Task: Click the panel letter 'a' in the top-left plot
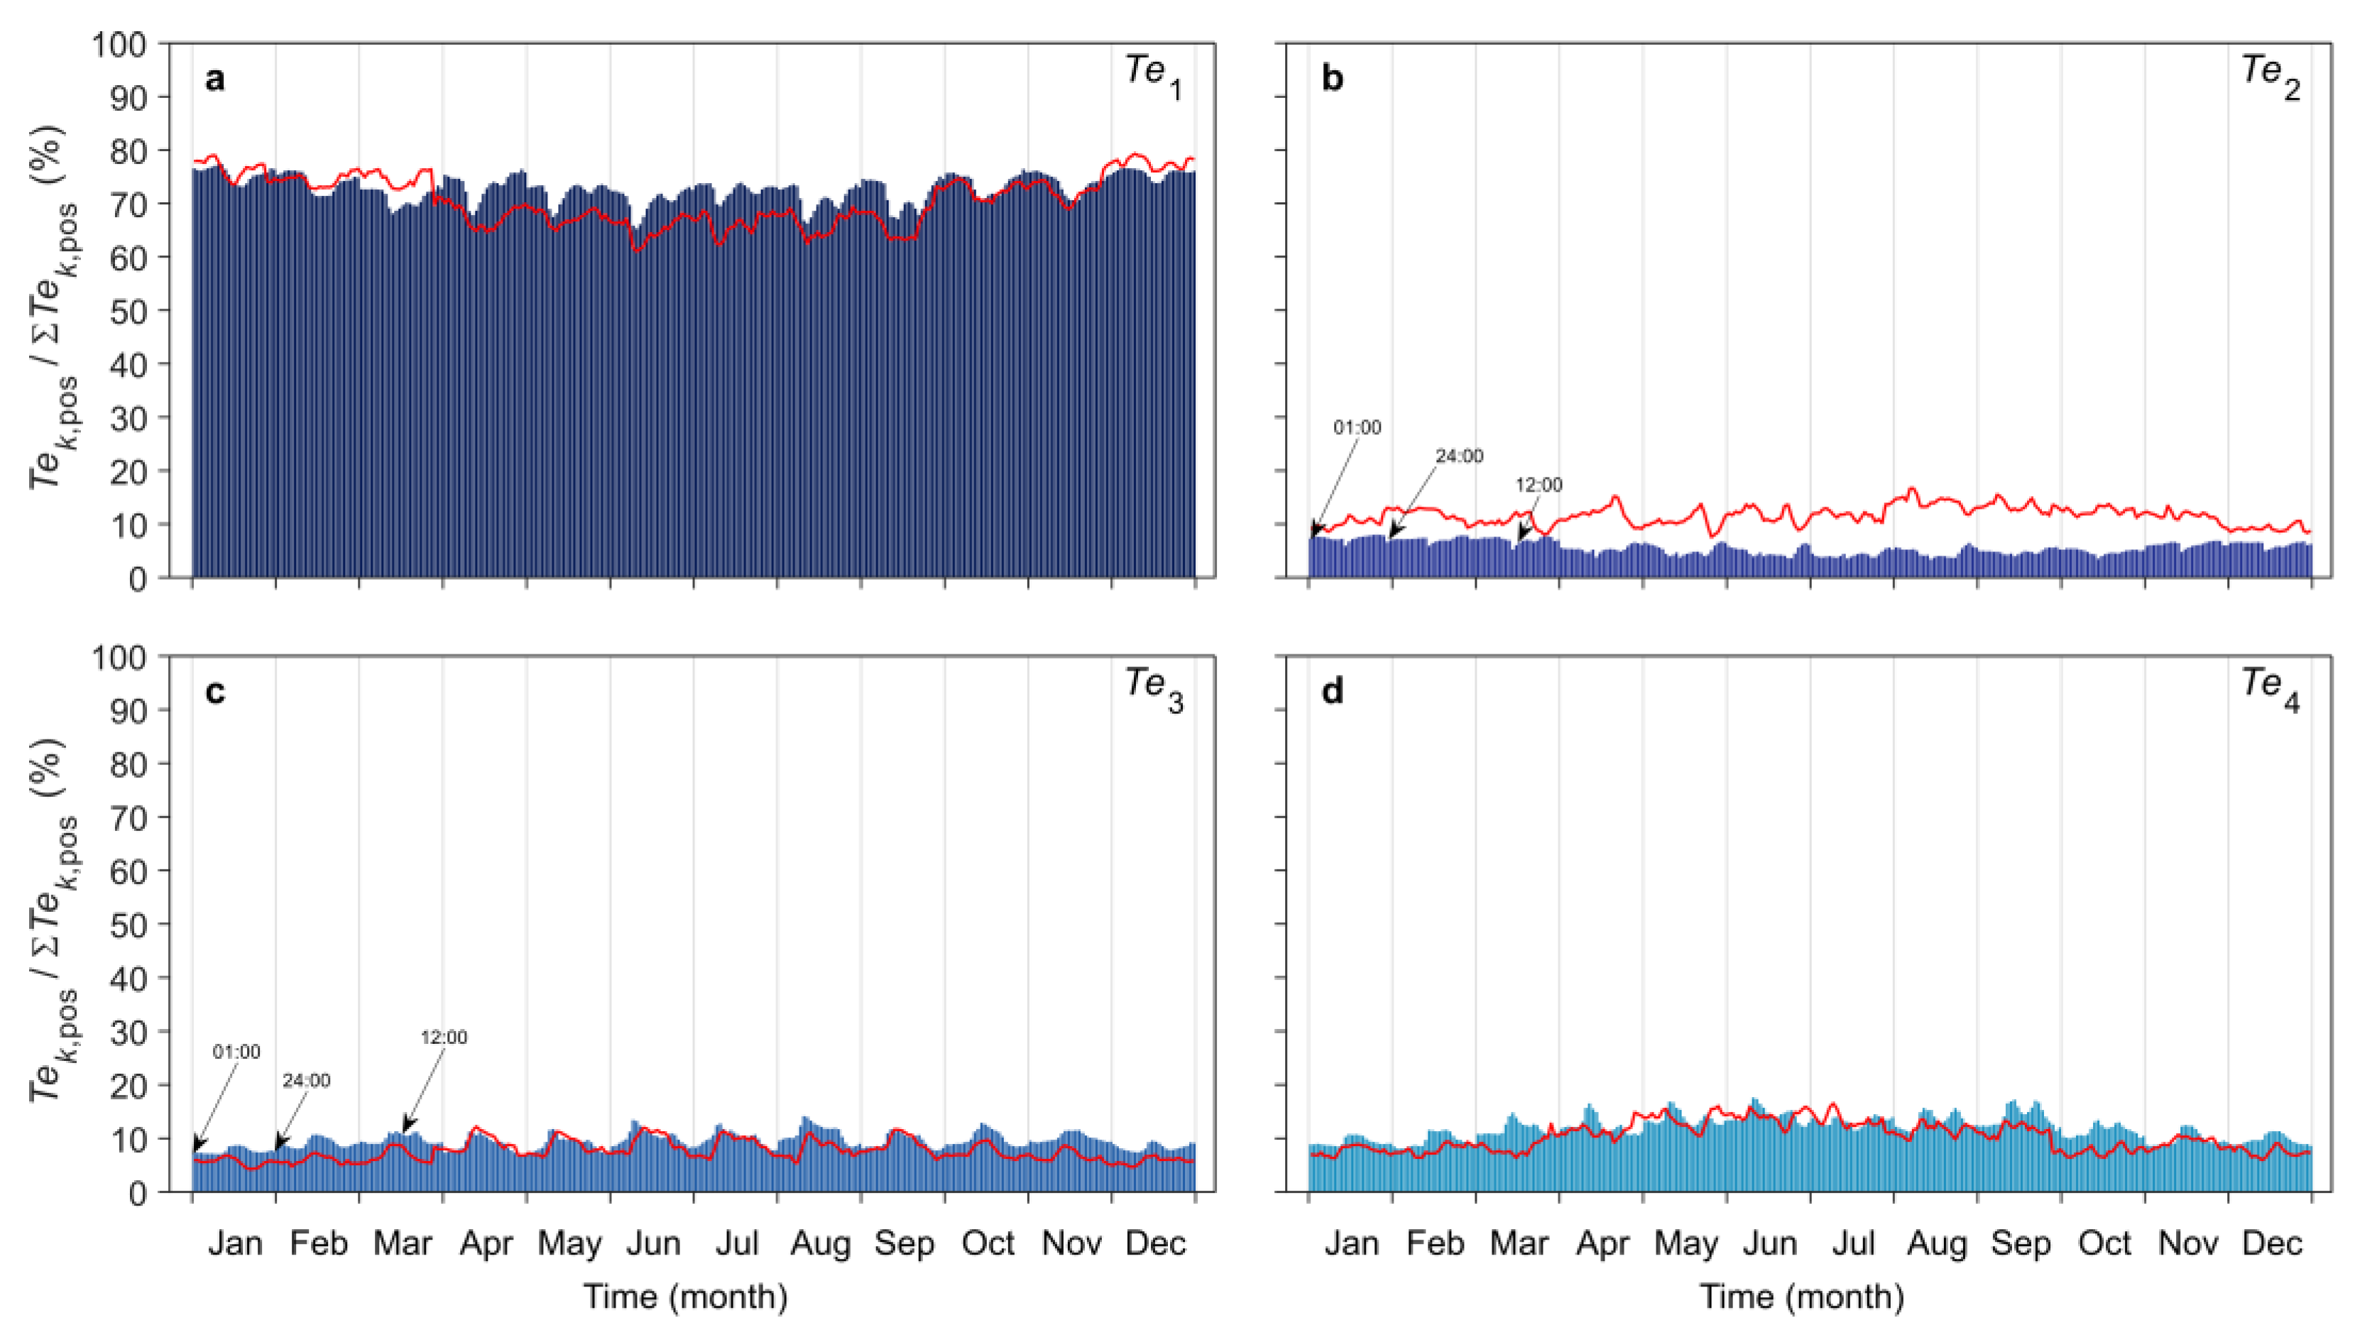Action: pyautogui.click(x=214, y=79)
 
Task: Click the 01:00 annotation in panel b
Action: pyautogui.click(x=1357, y=427)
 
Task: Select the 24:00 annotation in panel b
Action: pyautogui.click(x=1459, y=456)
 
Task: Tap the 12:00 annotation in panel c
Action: pyautogui.click(x=444, y=1037)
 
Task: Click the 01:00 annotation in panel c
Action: pyautogui.click(x=236, y=1052)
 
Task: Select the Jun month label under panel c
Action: pyautogui.click(x=653, y=1243)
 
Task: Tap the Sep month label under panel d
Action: pyautogui.click(x=2020, y=1243)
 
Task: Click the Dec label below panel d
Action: pyautogui.click(x=2272, y=1243)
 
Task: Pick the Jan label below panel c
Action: pyautogui.click(x=234, y=1243)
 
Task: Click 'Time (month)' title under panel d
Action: pyautogui.click(x=1801, y=1297)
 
